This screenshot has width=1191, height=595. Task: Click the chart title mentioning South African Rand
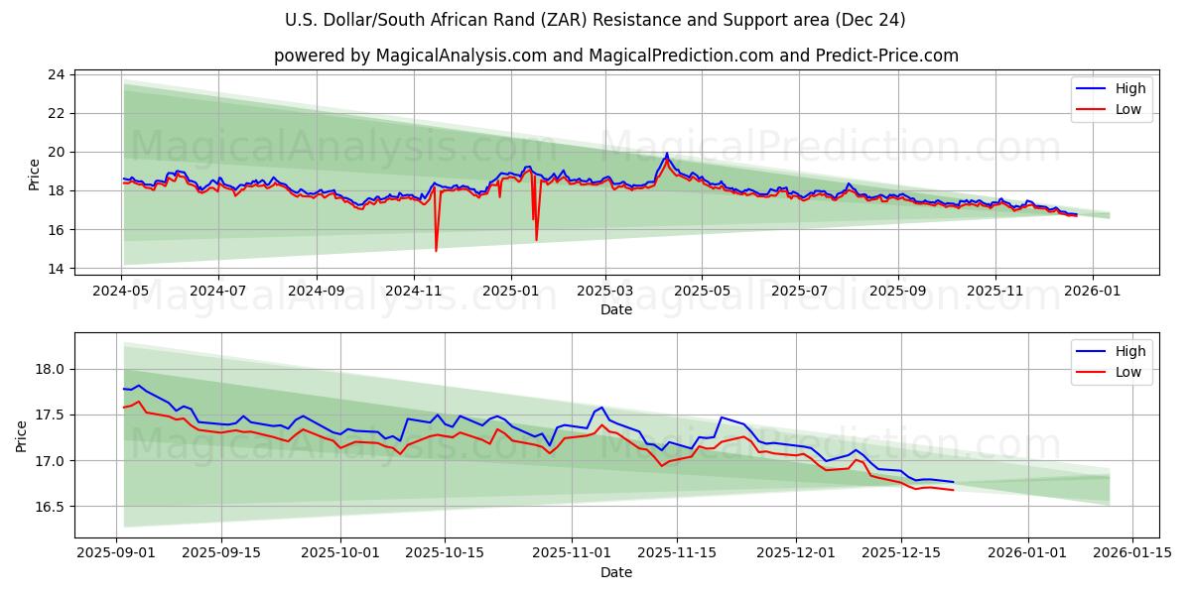(595, 20)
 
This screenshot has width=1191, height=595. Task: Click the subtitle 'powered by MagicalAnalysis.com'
(615, 56)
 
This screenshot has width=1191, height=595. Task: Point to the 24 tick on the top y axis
(56, 74)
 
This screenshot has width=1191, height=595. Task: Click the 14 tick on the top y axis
(56, 269)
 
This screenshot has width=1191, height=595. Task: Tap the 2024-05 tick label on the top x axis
(121, 292)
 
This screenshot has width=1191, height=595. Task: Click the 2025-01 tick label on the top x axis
(510, 292)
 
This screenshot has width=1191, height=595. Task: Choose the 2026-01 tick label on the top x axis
(1093, 292)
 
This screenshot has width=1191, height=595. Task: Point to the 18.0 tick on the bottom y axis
(51, 369)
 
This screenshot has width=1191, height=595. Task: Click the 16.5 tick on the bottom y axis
(51, 507)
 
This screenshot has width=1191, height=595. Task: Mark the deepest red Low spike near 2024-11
(436, 250)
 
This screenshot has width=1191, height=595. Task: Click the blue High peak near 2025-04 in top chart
(667, 154)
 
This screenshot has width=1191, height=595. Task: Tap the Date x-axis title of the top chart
(615, 309)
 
